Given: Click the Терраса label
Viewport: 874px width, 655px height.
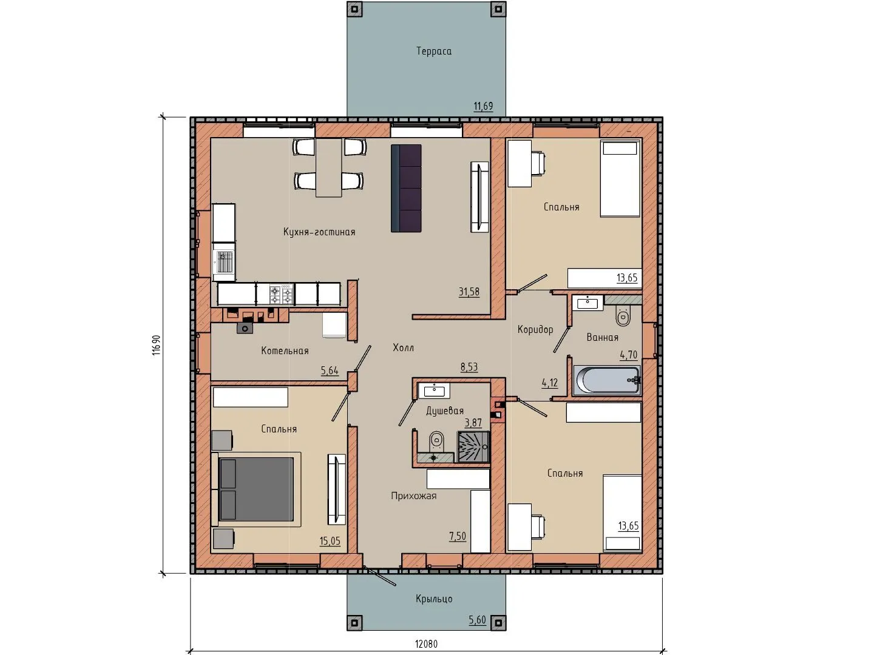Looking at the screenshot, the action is click(x=433, y=52).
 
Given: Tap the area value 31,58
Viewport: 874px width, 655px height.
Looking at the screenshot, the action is click(x=469, y=292).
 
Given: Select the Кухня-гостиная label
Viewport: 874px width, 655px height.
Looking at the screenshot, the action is click(x=319, y=232).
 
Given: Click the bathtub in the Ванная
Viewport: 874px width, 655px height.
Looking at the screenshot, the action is click(x=606, y=381).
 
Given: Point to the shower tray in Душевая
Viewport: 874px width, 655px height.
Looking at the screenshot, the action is click(x=473, y=447).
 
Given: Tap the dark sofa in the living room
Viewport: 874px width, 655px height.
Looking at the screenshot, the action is click(x=406, y=188).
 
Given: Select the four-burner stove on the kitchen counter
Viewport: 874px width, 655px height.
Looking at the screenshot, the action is click(x=282, y=294).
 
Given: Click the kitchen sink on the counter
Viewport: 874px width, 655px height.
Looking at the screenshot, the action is click(x=224, y=261).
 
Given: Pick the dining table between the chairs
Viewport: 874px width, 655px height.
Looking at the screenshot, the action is click(x=329, y=167).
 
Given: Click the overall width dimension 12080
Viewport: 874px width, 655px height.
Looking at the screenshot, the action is click(x=426, y=644).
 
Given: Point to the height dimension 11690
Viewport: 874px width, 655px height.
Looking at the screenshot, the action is click(x=157, y=345).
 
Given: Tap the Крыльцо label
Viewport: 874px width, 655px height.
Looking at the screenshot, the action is click(x=433, y=599).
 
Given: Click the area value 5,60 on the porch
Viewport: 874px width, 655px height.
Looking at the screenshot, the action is click(x=477, y=620).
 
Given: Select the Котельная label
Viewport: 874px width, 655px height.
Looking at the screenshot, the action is click(x=285, y=351).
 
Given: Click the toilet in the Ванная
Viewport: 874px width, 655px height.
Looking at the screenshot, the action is click(x=623, y=316).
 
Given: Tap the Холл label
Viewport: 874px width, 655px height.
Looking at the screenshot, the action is click(x=404, y=348).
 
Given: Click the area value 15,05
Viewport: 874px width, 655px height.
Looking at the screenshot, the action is click(x=330, y=541).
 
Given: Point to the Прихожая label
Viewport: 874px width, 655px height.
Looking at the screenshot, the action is click(x=414, y=496).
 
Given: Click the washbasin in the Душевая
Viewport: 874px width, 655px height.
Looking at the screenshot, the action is click(x=433, y=391).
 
